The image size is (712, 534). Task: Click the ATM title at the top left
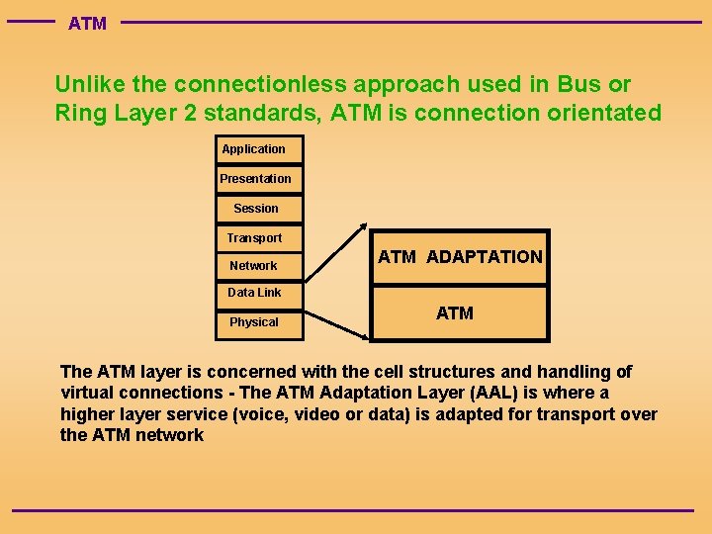click(x=87, y=24)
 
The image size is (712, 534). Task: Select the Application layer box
click(x=254, y=149)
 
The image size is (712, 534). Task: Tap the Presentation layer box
click(x=255, y=179)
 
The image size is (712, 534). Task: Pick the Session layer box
click(x=255, y=209)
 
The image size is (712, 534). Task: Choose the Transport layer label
click(x=254, y=238)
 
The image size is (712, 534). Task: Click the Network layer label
click(x=254, y=266)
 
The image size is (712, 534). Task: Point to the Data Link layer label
click(x=254, y=293)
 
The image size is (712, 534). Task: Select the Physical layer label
click(x=254, y=322)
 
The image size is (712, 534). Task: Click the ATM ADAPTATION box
click(x=460, y=257)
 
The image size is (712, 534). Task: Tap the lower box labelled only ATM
click(x=455, y=313)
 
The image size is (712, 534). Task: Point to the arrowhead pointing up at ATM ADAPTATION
click(x=363, y=226)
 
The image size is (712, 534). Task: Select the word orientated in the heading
click(x=604, y=113)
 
